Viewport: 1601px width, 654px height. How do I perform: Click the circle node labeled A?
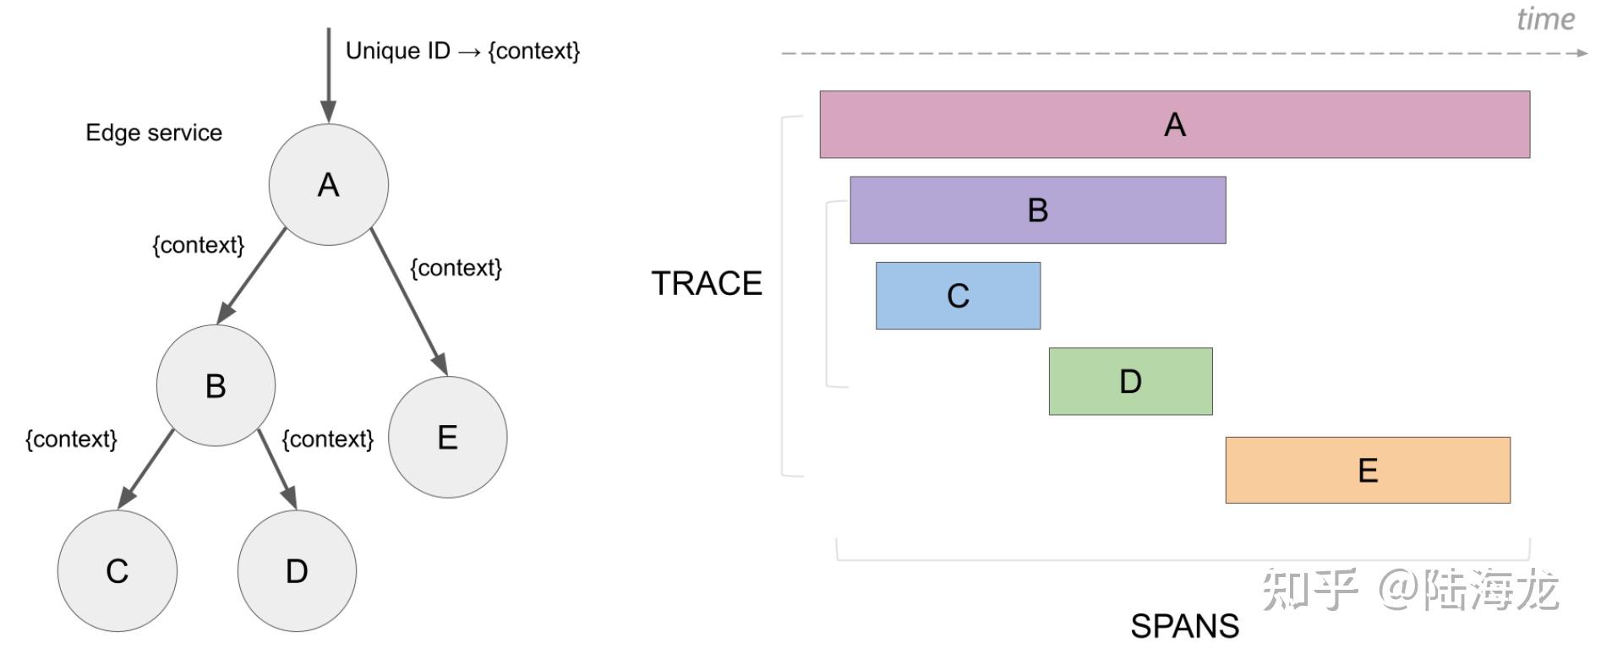coord(328,184)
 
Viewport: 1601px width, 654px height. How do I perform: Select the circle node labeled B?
coord(216,385)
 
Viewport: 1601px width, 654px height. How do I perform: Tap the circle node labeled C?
coord(117,570)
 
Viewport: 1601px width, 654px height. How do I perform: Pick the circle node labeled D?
coord(297,570)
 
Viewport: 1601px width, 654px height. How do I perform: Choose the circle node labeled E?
coord(447,437)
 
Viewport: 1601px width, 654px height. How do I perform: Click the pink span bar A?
coord(1174,124)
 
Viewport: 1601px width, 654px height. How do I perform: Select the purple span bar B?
coord(1037,210)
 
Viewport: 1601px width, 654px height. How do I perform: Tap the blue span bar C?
coord(958,296)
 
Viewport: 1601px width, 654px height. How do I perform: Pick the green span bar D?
coord(1130,381)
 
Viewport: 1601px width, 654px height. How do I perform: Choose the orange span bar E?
coord(1367,470)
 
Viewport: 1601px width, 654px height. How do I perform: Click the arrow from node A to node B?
coord(252,275)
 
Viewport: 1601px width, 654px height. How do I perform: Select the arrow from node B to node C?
coord(146,468)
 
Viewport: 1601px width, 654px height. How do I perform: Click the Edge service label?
coord(154,133)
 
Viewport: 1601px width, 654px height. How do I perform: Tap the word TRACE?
coord(707,283)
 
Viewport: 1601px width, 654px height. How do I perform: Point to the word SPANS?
coord(1184,626)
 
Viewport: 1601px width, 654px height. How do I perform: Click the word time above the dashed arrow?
coord(1545,19)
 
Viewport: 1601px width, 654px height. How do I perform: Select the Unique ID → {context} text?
coord(462,51)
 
